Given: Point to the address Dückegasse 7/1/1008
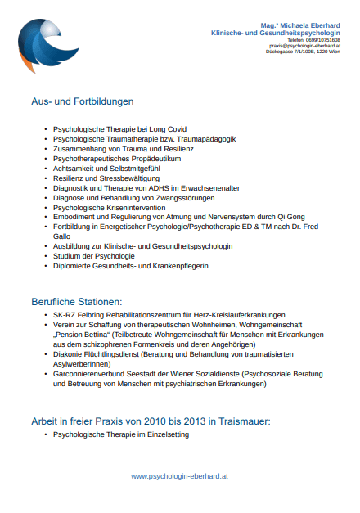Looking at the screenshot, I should point(295,52).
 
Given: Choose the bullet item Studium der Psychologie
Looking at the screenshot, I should point(94,256).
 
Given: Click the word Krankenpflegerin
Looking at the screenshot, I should point(180,266).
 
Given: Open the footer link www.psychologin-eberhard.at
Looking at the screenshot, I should point(179,475).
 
